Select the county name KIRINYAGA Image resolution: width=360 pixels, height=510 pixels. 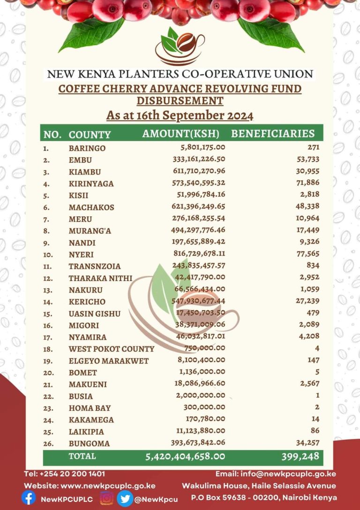point(91,183)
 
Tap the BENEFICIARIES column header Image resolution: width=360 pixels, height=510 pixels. point(273,134)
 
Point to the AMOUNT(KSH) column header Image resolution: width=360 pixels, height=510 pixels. point(181,134)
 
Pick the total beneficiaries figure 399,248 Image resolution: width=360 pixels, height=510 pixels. point(300,457)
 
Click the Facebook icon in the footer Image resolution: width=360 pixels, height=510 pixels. point(29,498)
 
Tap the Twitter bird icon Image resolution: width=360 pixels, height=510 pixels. point(125,498)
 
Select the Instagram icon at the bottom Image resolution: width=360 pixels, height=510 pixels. point(106,498)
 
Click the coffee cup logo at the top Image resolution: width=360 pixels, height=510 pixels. point(180,46)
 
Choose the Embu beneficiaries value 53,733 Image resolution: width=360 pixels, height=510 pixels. point(307,160)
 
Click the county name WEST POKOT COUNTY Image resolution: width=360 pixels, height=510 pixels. point(111,349)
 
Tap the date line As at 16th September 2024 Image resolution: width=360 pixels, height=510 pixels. point(180,115)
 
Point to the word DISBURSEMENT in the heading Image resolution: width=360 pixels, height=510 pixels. point(180,100)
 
